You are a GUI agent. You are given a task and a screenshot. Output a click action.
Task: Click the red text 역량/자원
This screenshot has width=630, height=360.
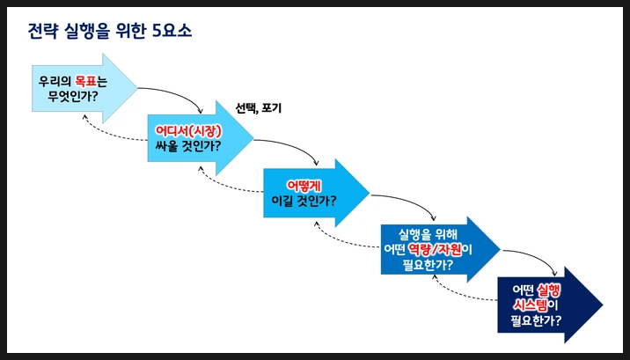point(437,249)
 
